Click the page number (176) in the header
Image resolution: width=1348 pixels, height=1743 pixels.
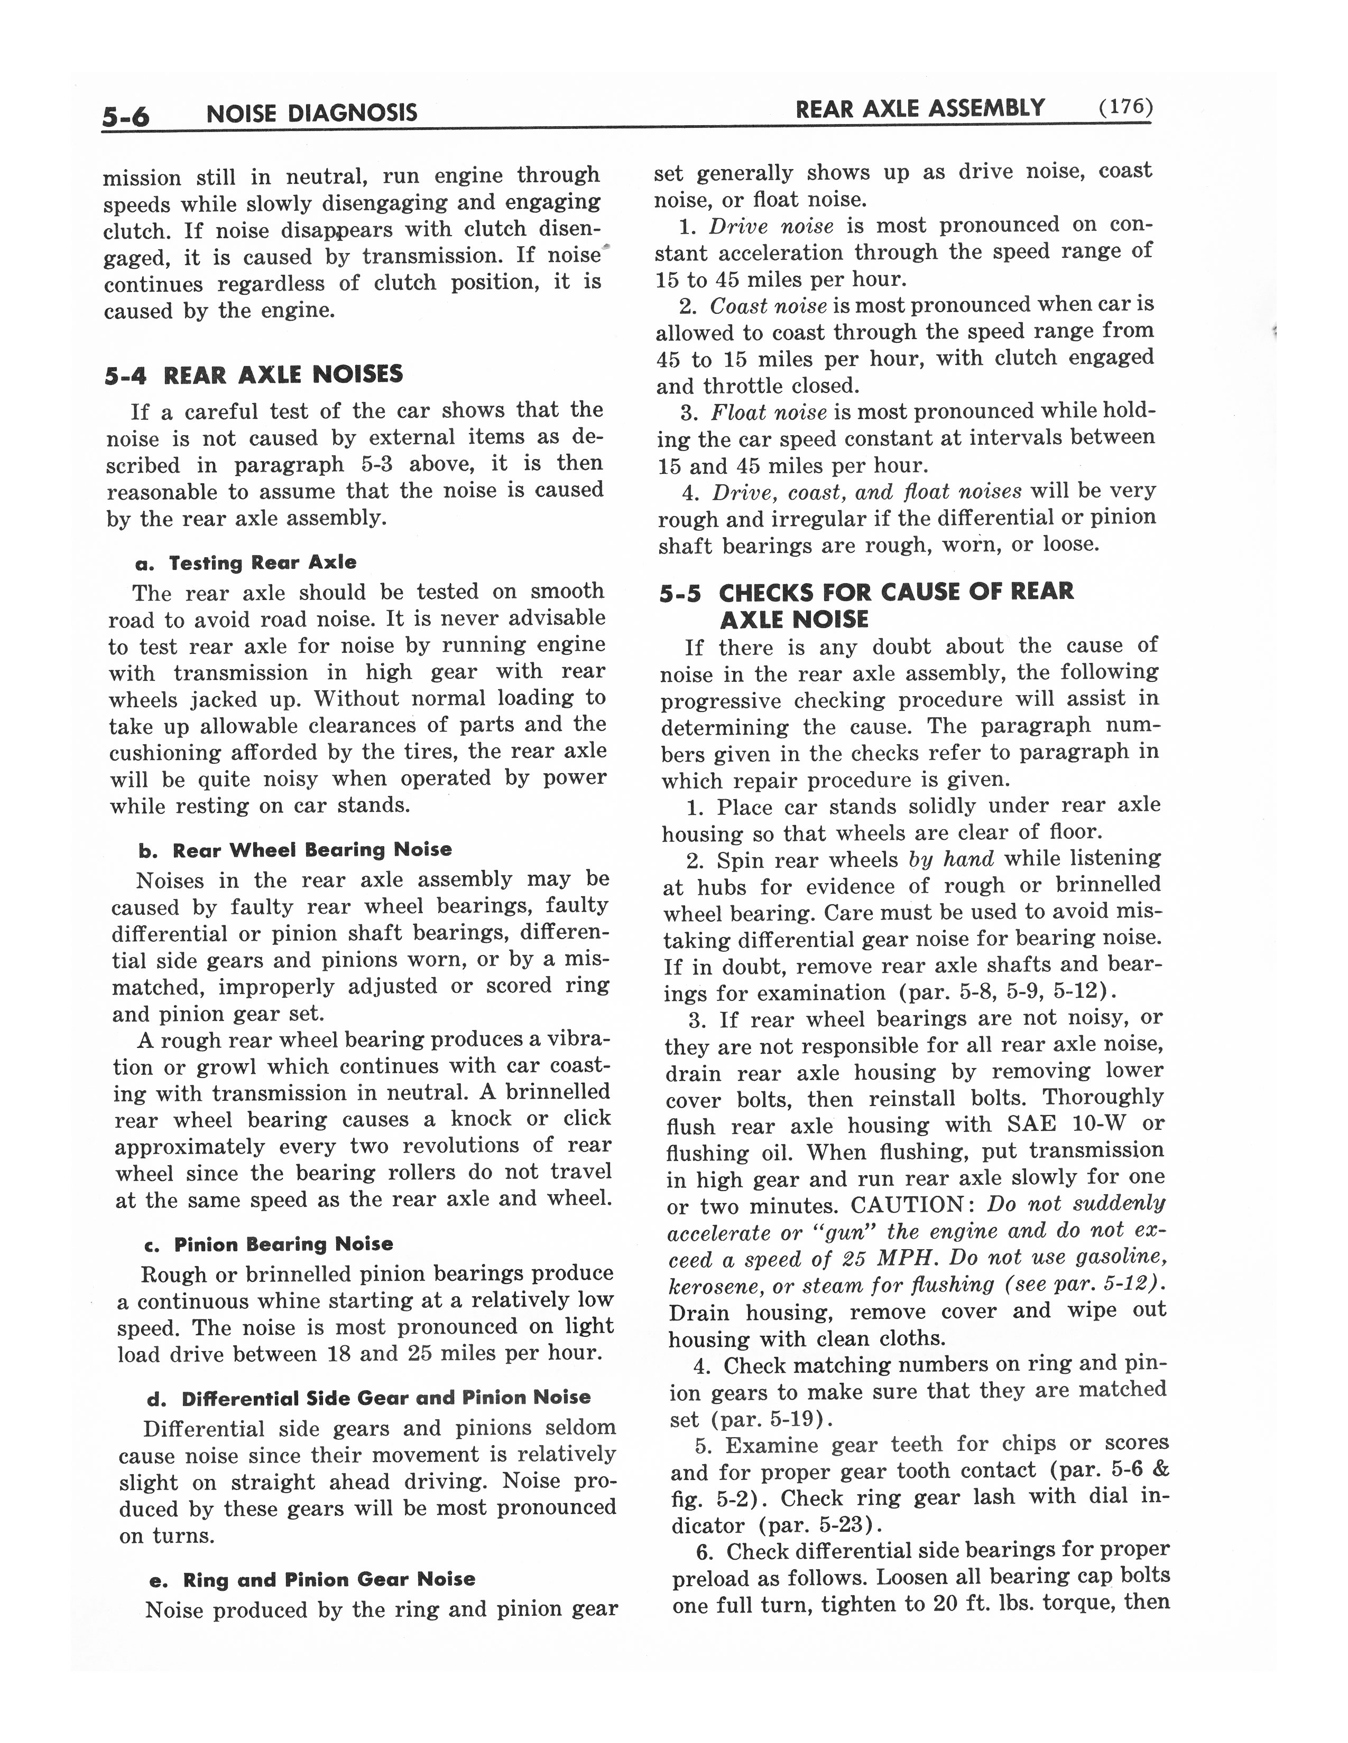coord(1125,107)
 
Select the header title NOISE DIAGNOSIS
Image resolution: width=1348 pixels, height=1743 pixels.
coord(311,113)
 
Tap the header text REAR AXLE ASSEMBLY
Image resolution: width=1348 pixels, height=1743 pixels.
coord(920,108)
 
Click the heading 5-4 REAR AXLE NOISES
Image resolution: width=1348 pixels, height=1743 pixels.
coord(254,374)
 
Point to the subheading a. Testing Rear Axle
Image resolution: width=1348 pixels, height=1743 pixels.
coord(246,563)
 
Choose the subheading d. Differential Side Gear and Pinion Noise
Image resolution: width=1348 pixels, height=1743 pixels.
coord(369,1398)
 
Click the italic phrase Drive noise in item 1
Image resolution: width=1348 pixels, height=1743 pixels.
coord(771,227)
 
